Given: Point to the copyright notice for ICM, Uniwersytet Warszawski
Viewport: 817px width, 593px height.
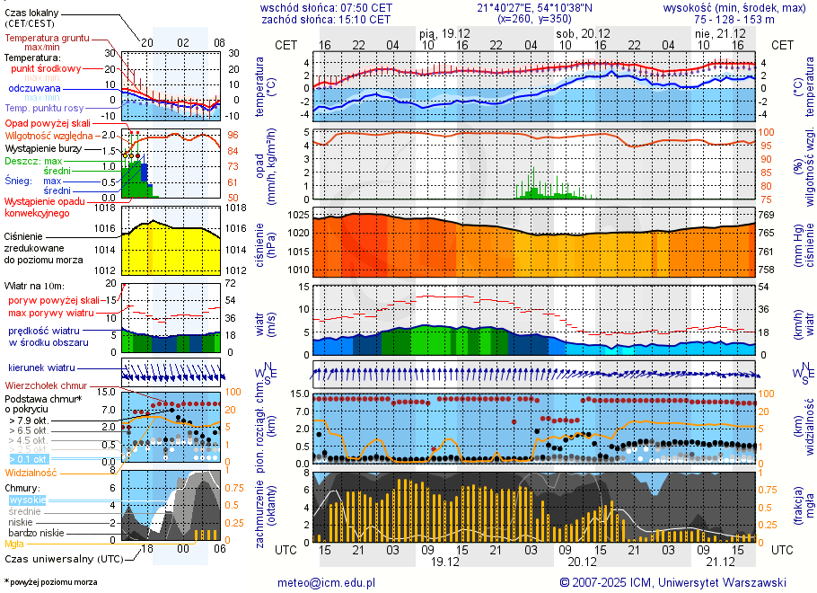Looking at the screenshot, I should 672,582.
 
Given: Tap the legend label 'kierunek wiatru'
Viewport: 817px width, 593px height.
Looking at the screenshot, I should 41,368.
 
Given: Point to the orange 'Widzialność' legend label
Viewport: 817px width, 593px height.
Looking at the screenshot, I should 31,472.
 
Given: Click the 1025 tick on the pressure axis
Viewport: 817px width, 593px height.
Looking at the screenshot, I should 299,216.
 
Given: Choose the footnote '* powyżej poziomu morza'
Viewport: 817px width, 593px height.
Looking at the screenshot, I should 50,582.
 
